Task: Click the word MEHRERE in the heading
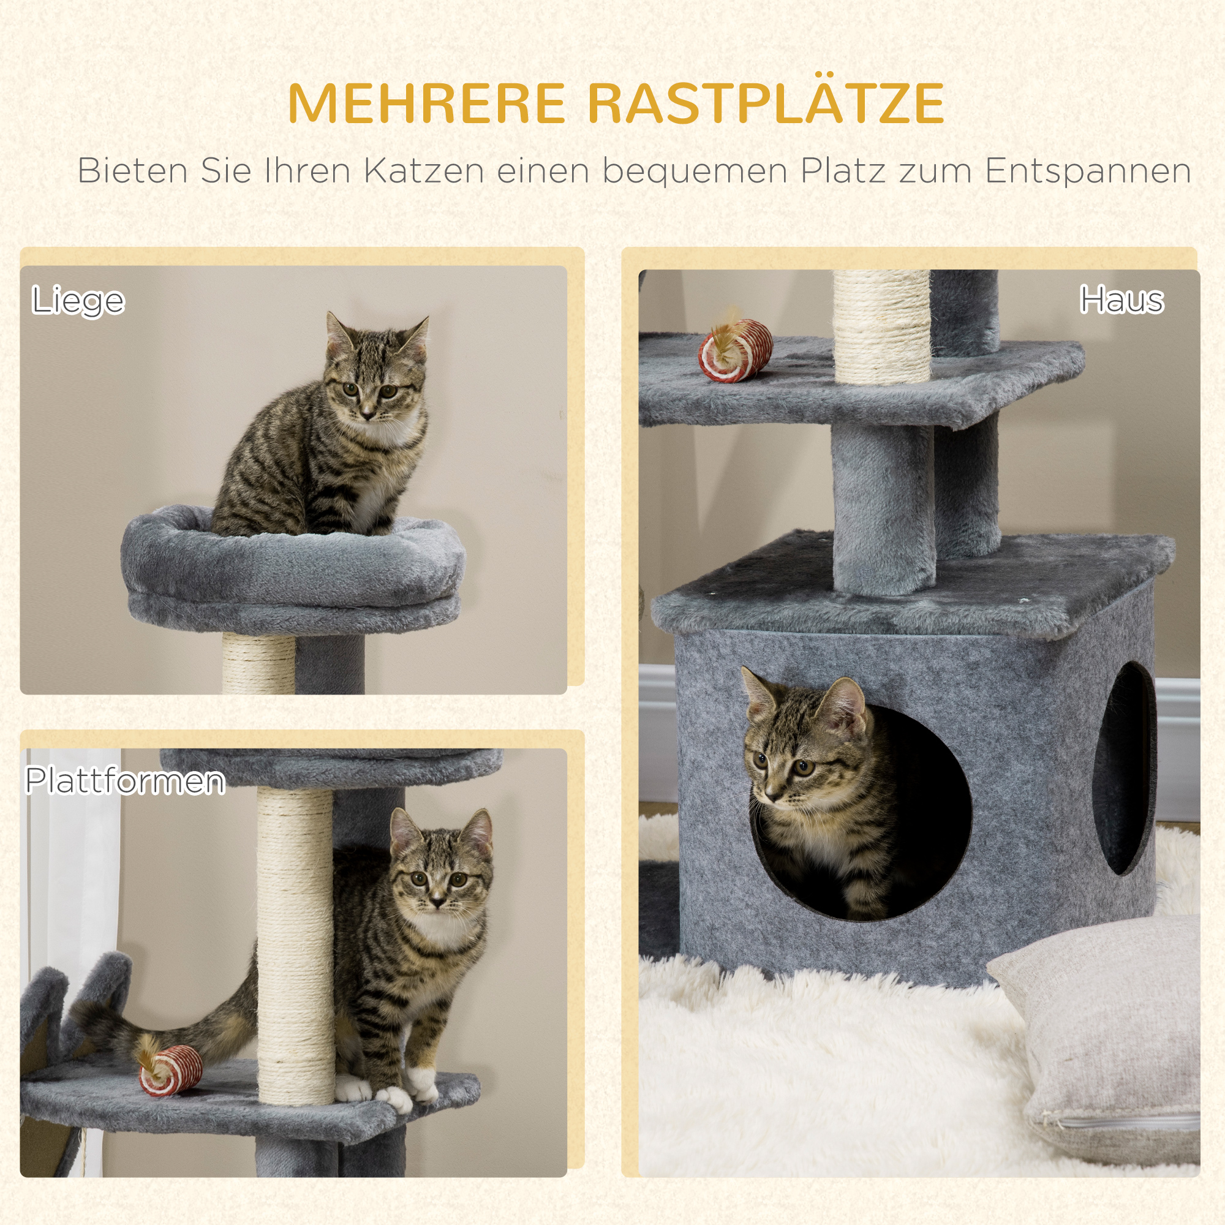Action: click(x=426, y=103)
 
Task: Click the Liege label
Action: click(x=78, y=301)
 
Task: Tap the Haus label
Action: click(x=1121, y=300)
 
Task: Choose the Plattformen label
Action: click(x=125, y=780)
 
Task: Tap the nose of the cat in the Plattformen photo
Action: click(x=437, y=900)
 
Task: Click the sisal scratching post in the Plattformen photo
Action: click(x=295, y=947)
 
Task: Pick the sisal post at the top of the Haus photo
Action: click(x=881, y=326)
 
